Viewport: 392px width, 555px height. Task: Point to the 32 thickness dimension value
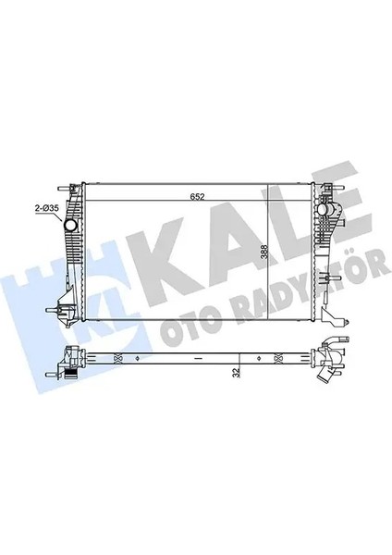237,369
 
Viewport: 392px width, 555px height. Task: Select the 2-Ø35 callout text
47,211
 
